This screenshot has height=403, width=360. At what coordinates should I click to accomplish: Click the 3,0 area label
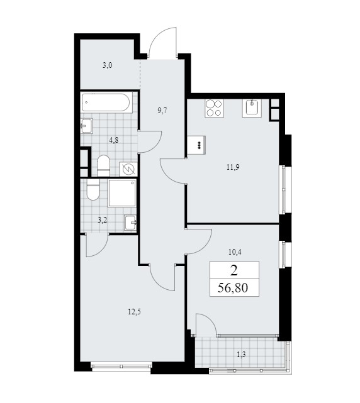(107, 65)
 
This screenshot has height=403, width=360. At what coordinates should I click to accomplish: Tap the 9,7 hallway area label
(162, 111)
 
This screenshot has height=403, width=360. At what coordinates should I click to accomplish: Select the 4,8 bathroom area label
(113, 140)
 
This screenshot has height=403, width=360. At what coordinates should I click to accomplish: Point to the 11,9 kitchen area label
(233, 168)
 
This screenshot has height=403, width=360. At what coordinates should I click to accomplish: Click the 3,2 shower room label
(103, 220)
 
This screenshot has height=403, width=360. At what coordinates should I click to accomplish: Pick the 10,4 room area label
(235, 252)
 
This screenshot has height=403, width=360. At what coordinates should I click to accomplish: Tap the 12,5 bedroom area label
(134, 312)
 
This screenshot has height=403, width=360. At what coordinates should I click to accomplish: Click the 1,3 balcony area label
(241, 355)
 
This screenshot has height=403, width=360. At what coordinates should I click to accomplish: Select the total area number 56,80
(233, 288)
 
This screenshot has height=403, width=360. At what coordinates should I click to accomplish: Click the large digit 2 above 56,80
(233, 270)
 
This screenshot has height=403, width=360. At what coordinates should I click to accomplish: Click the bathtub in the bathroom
(107, 103)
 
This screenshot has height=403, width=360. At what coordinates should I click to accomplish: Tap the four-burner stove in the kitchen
(214, 109)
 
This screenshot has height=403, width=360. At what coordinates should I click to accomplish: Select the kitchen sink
(251, 108)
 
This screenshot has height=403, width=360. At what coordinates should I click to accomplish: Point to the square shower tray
(122, 193)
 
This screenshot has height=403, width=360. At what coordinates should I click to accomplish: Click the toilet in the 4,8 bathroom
(104, 165)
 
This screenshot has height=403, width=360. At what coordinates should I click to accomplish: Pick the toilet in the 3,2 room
(93, 190)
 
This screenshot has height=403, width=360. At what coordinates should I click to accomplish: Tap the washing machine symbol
(128, 169)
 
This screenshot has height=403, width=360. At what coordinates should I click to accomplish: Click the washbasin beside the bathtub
(87, 126)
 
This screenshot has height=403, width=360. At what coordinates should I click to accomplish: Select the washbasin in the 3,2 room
(130, 223)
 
